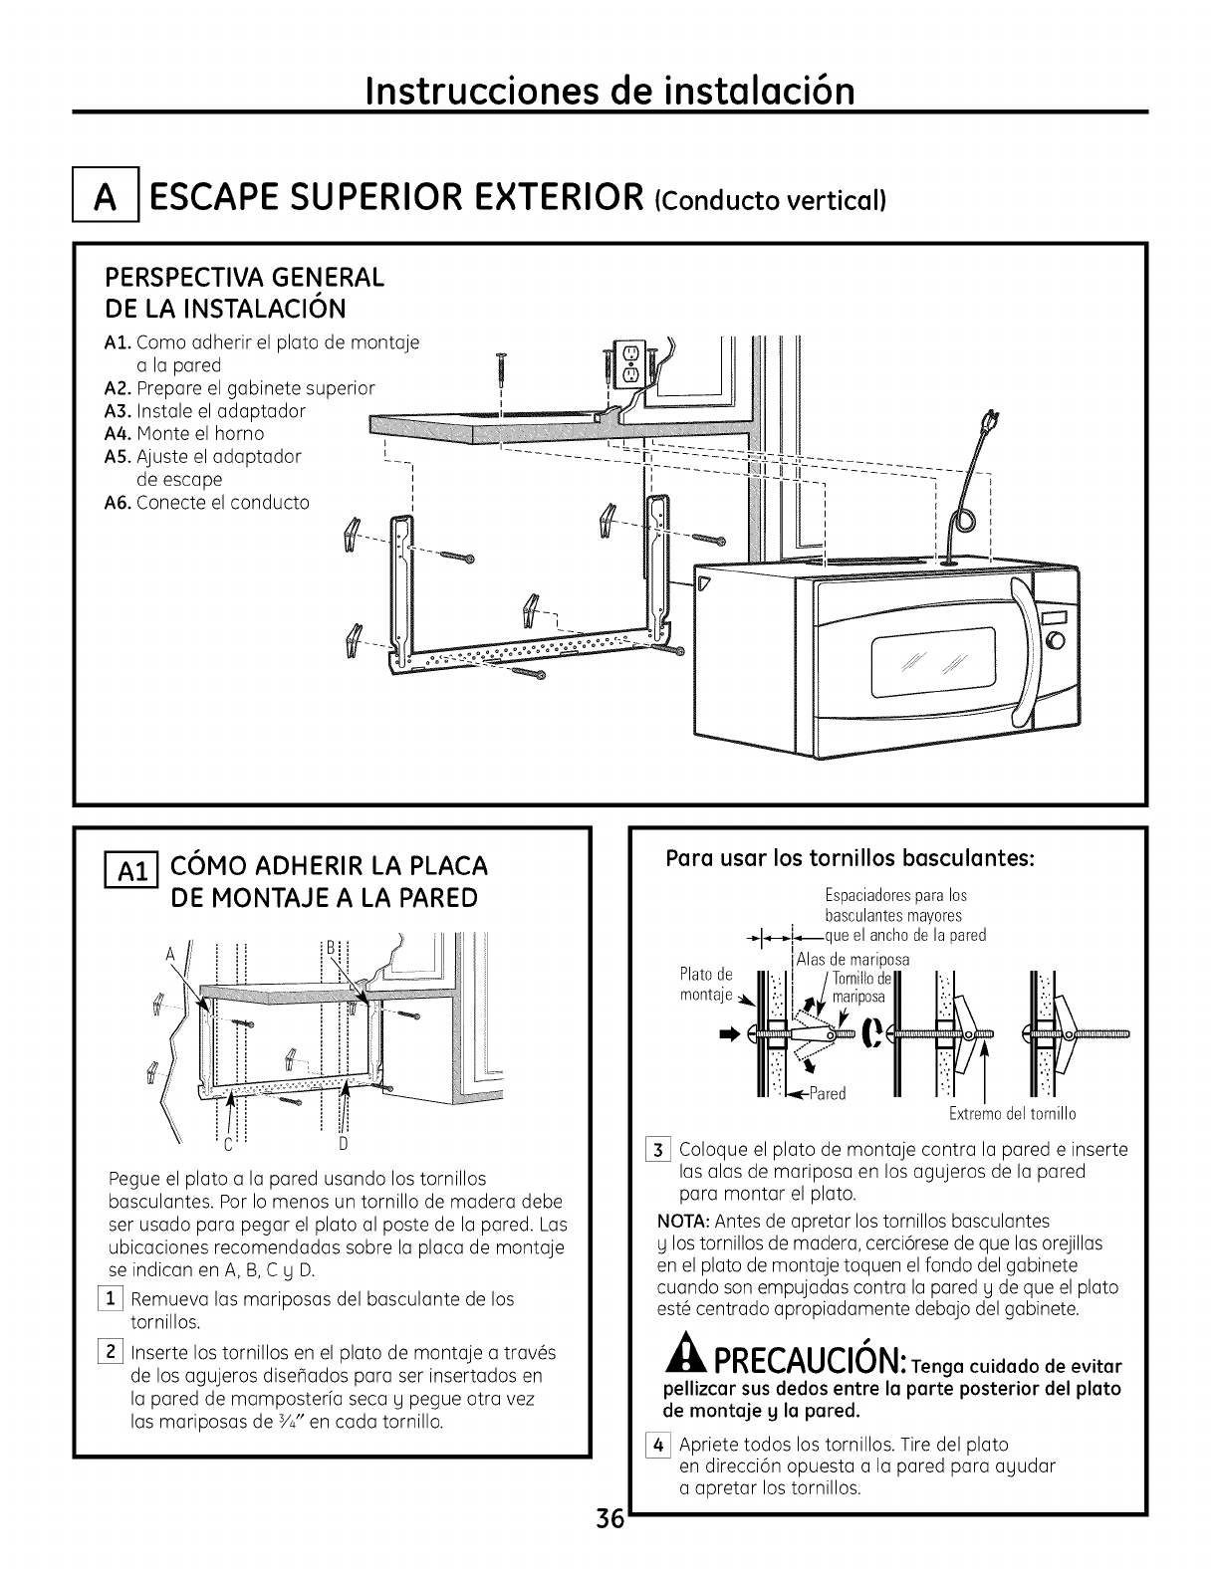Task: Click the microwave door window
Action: [x=932, y=661]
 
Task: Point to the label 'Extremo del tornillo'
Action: [x=1012, y=1113]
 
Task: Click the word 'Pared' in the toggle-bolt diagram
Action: [x=828, y=1094]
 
